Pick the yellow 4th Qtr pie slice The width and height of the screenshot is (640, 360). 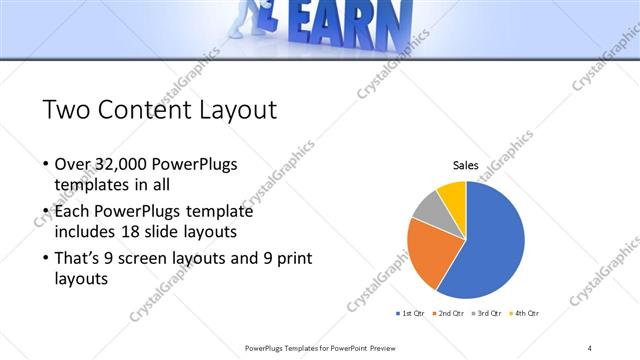[453, 194]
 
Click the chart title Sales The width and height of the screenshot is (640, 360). [466, 165]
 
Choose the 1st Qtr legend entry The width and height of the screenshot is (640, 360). [411, 314]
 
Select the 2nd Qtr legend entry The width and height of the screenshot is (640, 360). [449, 314]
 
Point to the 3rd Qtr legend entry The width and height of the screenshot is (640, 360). [487, 314]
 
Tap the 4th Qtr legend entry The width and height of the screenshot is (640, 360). [525, 314]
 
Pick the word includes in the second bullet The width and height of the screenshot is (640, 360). [86, 231]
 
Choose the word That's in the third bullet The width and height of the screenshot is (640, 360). [79, 258]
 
